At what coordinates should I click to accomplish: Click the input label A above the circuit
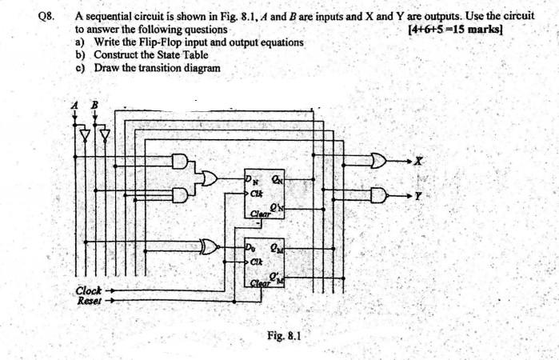[x=74, y=104]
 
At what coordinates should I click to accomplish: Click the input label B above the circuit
[x=94, y=104]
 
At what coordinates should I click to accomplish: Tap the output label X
[x=417, y=162]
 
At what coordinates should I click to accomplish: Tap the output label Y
[x=417, y=194]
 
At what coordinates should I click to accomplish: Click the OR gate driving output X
[x=382, y=162]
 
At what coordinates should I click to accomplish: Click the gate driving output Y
[x=382, y=194]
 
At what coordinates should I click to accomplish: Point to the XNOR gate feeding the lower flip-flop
[x=212, y=246]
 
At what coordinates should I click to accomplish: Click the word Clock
[x=90, y=290]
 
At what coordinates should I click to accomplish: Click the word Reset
[x=89, y=301]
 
